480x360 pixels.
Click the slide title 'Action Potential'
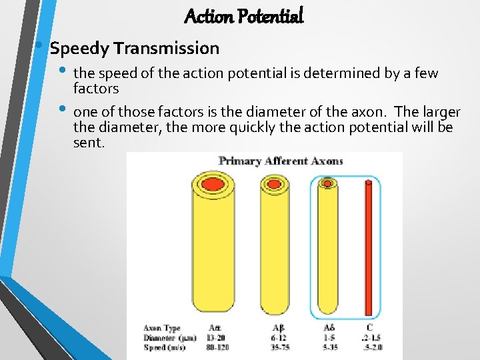click(243, 15)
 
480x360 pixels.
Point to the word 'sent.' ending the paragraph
click(89, 142)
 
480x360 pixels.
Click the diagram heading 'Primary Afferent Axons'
click(281, 161)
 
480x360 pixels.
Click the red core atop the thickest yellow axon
click(213, 183)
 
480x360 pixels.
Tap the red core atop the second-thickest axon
click(274, 183)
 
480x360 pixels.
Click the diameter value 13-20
click(215, 337)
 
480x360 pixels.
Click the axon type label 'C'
click(369, 328)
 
